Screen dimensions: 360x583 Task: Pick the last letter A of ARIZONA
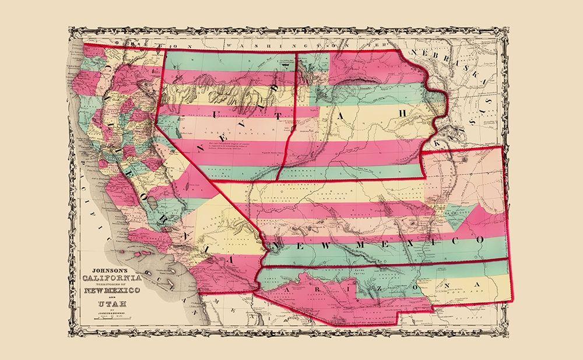tap(479, 284)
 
